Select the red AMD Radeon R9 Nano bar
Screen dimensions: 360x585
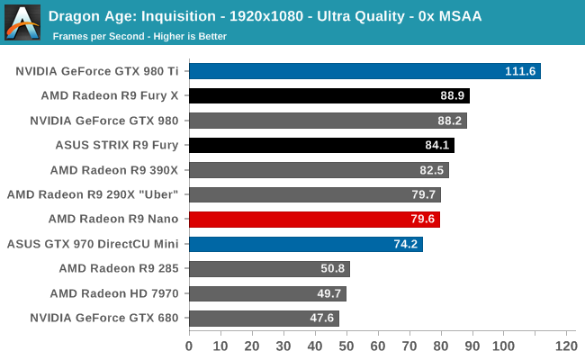(x=314, y=219)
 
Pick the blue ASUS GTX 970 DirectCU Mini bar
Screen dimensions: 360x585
(x=306, y=244)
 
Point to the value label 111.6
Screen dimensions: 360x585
(x=520, y=71)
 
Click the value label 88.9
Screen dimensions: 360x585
(x=452, y=96)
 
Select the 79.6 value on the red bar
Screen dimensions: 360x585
(x=423, y=219)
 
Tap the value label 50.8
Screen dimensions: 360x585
(x=332, y=268)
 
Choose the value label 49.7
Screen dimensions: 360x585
(x=329, y=293)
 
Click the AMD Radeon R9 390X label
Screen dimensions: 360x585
(x=114, y=170)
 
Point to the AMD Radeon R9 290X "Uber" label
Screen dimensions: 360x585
(x=93, y=194)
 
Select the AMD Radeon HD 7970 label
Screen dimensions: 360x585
(x=114, y=293)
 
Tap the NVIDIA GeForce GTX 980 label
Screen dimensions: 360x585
(x=104, y=121)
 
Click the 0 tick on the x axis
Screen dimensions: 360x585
(x=189, y=346)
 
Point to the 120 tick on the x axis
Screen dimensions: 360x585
(x=565, y=346)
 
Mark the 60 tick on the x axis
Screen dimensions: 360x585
(x=377, y=346)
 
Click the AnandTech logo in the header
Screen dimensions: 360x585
(x=22, y=22)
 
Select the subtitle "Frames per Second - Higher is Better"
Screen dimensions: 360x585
(x=139, y=37)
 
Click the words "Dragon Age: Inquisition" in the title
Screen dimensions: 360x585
(x=122, y=15)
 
